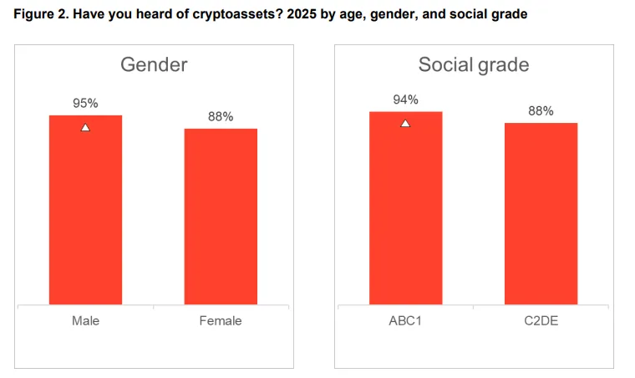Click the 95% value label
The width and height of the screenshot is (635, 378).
(85, 104)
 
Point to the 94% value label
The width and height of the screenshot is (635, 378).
(405, 100)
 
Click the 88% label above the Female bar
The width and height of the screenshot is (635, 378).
(221, 117)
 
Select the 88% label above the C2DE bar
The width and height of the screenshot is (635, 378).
(541, 111)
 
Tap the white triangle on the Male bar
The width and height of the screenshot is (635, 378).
(85, 127)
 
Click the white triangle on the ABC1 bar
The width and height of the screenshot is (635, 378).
(405, 124)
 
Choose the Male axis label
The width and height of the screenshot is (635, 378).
(85, 320)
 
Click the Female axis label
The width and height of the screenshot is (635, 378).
(221, 320)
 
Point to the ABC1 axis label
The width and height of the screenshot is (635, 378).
(405, 320)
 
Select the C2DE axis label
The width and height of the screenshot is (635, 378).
(541, 320)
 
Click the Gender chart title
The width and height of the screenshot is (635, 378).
(154, 65)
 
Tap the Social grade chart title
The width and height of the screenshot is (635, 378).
(473, 65)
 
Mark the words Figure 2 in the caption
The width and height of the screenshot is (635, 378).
(38, 14)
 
